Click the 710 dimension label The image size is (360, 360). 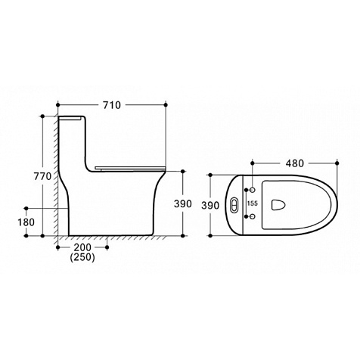tap(112, 105)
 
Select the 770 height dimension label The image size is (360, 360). tap(42, 176)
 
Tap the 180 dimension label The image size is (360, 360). tap(26, 222)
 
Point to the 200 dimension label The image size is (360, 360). tap(82, 247)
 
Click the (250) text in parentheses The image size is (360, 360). tap(82, 257)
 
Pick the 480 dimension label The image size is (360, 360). tap(295, 163)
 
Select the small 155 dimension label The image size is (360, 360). tap(253, 203)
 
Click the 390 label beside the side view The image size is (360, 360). tap(183, 203)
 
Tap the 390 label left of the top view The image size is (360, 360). tap(210, 206)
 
